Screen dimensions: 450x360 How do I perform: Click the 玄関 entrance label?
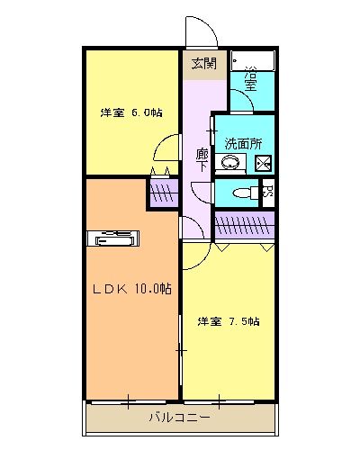203,63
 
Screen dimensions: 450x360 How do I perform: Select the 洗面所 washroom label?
243,142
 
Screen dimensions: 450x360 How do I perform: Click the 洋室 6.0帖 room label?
131,112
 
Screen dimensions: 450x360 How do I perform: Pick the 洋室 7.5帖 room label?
229,321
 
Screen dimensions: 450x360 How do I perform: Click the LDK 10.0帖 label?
132,289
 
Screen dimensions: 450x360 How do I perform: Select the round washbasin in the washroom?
232,164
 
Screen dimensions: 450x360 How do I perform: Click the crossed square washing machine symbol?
263,164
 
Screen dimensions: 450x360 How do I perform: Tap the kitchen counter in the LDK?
114,238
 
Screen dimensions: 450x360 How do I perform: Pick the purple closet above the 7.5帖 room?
244,223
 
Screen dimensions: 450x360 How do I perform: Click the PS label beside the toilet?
266,191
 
